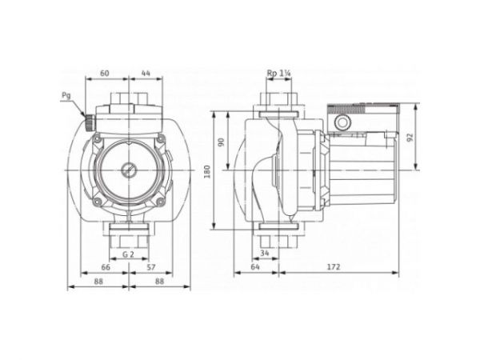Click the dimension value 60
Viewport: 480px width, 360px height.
pos(105,73)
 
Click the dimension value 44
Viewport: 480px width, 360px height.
pos(145,73)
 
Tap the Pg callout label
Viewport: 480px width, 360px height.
pos(65,95)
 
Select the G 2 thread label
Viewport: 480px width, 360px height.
pos(127,254)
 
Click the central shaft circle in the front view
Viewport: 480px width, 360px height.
pos(127,170)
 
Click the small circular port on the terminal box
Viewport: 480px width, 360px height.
pos(342,123)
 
